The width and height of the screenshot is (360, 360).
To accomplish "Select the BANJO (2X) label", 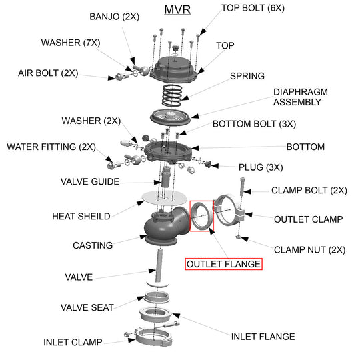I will click(x=115, y=16).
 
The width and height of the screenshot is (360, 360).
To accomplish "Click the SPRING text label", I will click(x=247, y=76).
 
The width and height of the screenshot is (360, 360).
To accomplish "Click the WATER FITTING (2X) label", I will click(x=51, y=146).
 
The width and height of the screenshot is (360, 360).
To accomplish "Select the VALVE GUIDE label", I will click(x=90, y=181).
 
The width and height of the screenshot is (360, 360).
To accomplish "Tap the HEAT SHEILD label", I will click(x=81, y=216).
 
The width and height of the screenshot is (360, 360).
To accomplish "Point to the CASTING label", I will click(x=93, y=245).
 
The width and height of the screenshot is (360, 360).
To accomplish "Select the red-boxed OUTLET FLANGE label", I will click(x=223, y=264).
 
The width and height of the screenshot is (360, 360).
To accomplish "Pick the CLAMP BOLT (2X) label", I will click(x=309, y=190).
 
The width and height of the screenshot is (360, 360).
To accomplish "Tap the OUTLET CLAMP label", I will click(x=308, y=219).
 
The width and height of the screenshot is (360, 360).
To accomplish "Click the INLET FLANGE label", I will click(x=263, y=337).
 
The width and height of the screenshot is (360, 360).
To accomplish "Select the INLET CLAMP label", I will click(x=73, y=342).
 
